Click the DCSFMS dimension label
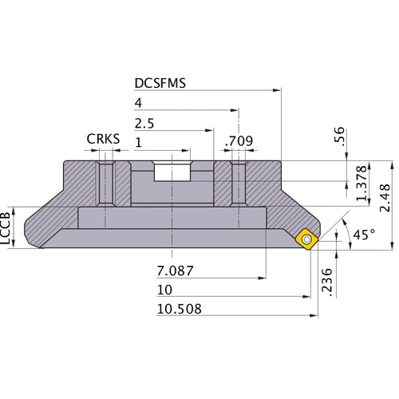coord(160,84)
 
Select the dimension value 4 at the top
coord(139,104)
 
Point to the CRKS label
coord(103,140)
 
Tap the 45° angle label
coord(364,235)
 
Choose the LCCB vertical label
coord(7,227)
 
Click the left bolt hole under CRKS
coord(104,184)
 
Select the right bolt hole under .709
coord(237,184)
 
